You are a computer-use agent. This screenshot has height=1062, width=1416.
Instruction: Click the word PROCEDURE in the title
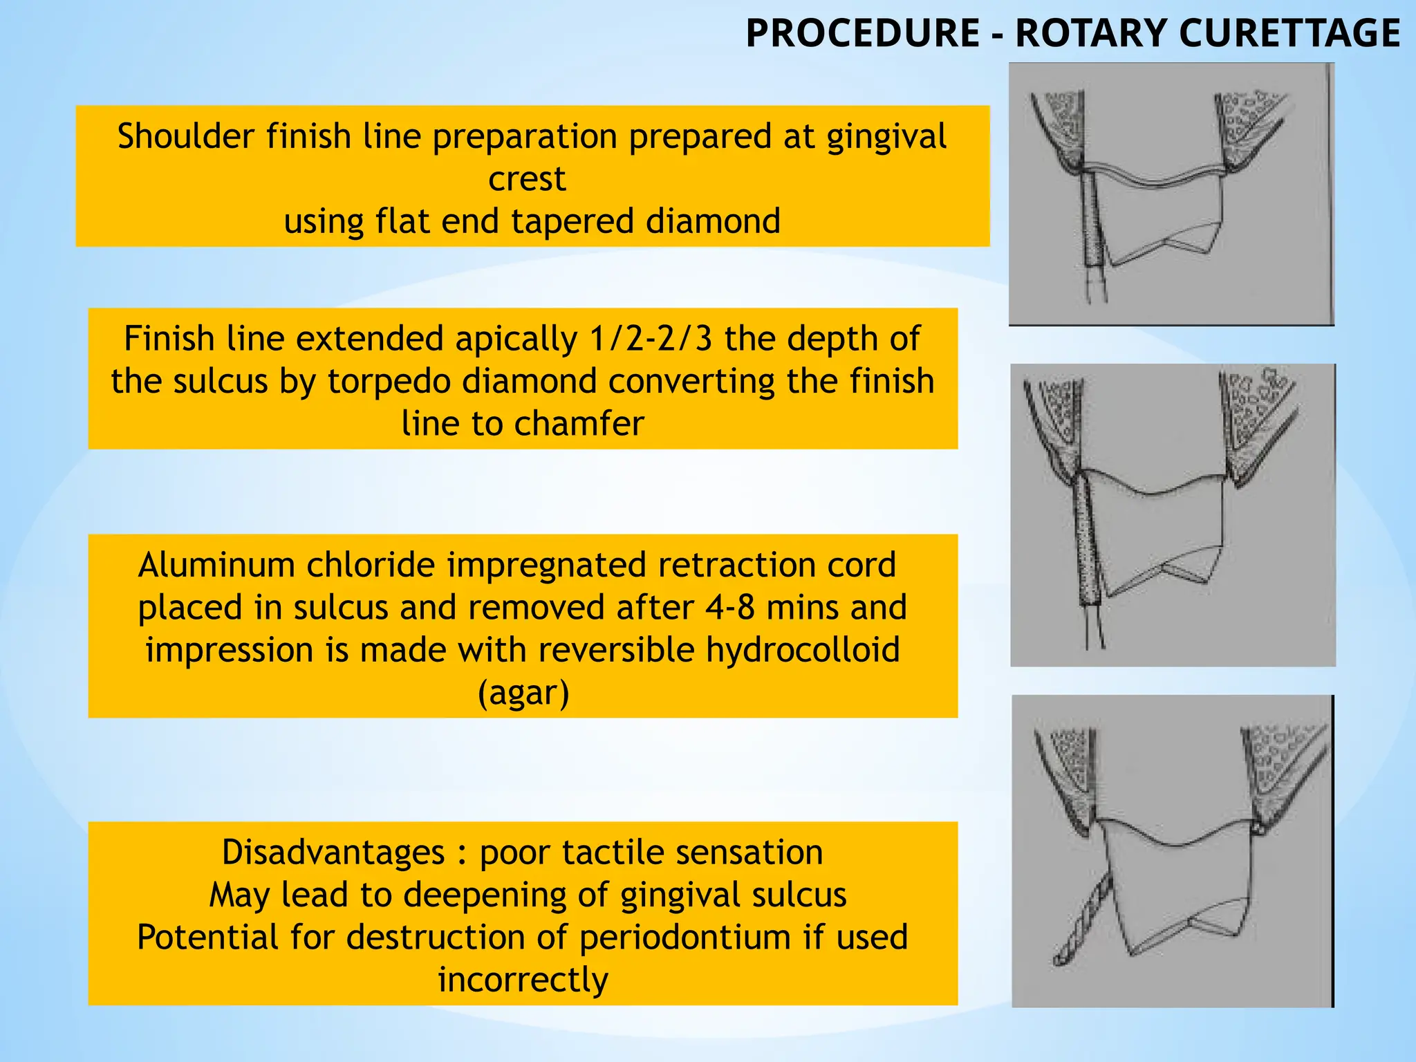862,33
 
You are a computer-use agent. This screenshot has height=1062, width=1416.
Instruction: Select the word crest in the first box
527,179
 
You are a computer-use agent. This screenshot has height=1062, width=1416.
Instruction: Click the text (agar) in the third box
523,693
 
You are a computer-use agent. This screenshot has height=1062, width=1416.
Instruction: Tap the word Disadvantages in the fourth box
333,852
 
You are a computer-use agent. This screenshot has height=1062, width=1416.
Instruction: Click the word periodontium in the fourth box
684,938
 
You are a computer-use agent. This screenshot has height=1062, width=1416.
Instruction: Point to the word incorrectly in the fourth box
523,980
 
